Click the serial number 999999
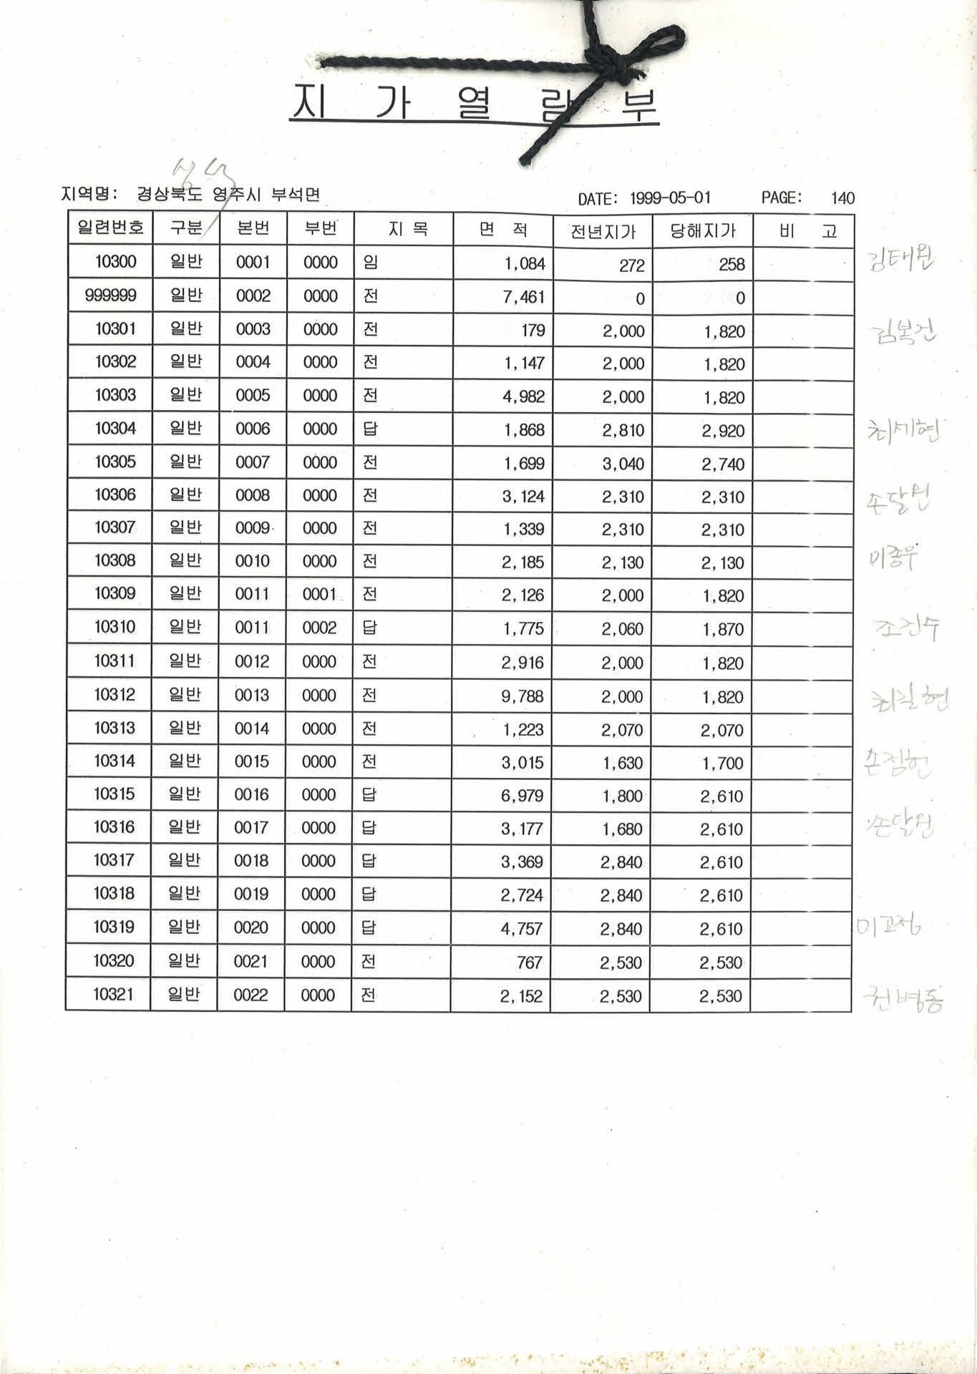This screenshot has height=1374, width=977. point(111,296)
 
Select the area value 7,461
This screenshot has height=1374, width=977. point(524,296)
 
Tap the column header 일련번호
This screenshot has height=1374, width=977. point(111,228)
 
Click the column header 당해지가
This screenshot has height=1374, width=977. point(702,231)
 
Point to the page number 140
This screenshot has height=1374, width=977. point(842,198)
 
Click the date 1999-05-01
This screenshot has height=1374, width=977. point(670,198)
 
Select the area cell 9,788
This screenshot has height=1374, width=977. point(522,696)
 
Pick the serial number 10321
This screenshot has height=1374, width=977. point(113,994)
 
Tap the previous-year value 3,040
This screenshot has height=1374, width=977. point(623,464)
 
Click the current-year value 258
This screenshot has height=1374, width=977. point(731,265)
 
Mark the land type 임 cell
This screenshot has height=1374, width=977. point(371,262)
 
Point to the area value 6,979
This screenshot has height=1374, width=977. point(522,796)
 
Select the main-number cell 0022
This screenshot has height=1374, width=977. point(251,995)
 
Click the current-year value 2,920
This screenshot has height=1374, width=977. point(723,431)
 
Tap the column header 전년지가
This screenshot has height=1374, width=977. point(603,231)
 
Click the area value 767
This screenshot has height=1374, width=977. point(529,963)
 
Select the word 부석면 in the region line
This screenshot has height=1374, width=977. point(295,195)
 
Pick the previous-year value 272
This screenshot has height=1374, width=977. point(631,265)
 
